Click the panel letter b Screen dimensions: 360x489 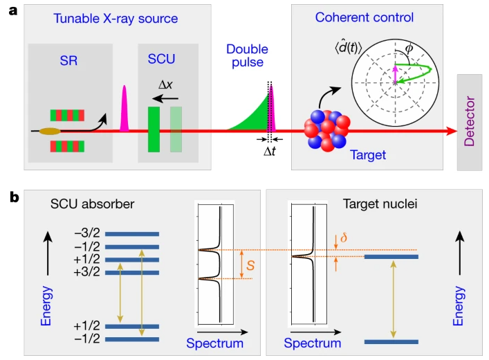[12, 197]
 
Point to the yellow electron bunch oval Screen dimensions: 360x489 [50, 130]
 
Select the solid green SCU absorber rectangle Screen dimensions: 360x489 [154, 129]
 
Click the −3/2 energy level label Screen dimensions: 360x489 [89, 234]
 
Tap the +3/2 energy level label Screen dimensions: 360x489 [89, 273]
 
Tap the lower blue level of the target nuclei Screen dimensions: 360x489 [391, 341]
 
